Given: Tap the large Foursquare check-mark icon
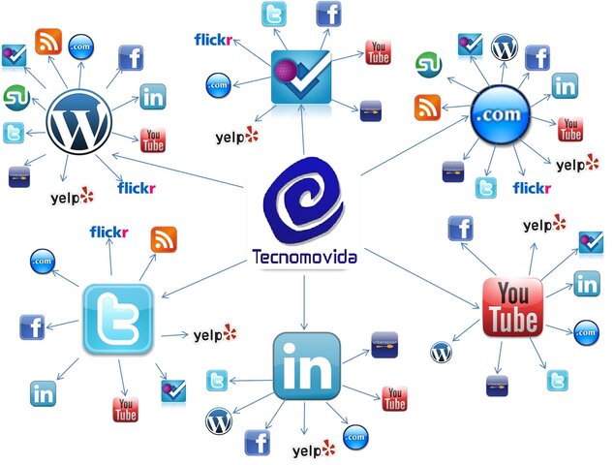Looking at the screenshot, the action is [302, 77].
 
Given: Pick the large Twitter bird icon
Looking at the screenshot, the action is [117, 318].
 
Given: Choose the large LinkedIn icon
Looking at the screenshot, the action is [306, 366].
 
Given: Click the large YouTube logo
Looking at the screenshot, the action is [512, 306].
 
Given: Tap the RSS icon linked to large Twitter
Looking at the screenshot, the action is [164, 239].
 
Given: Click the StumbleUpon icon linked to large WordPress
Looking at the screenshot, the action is [14, 97].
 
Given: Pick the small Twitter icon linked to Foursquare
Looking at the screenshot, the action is [275, 15].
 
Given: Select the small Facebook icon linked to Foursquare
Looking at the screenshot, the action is [329, 15].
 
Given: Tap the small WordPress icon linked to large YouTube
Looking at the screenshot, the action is [441, 353].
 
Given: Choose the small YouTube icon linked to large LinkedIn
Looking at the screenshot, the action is [394, 398].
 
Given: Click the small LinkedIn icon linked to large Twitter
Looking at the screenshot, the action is [42, 393].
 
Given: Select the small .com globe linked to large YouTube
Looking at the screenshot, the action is [586, 332].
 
